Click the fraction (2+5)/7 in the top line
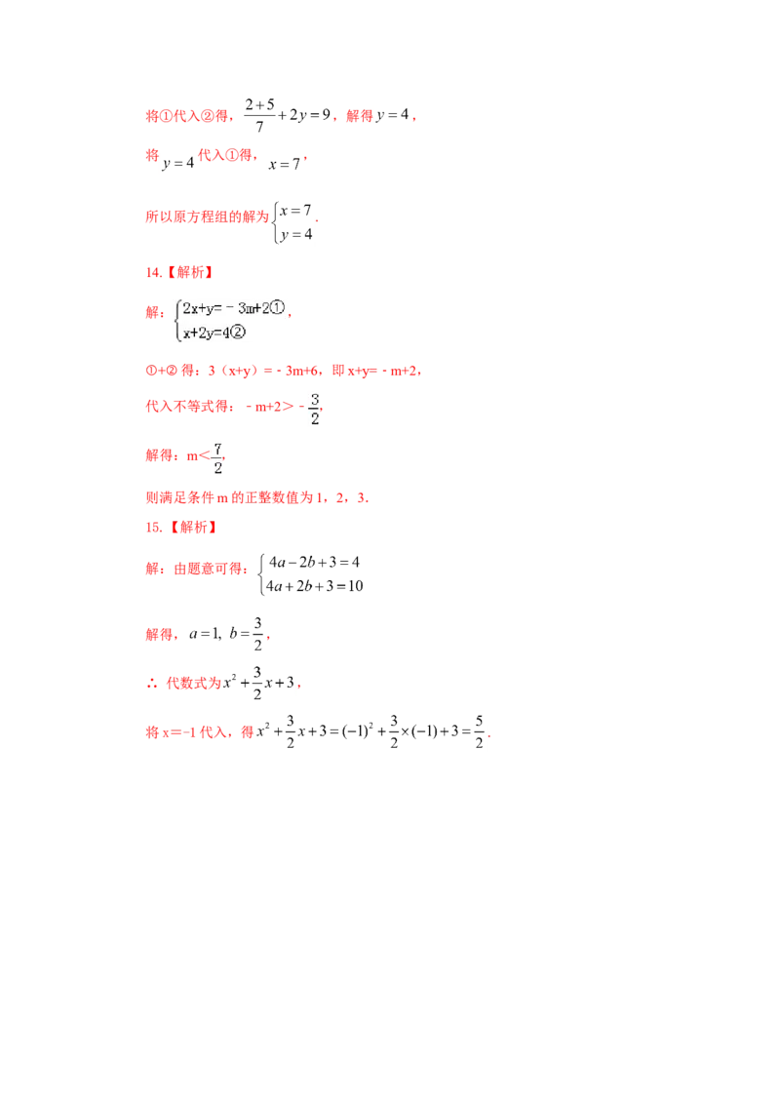coord(259,115)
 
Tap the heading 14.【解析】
coord(179,272)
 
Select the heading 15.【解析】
coord(181,527)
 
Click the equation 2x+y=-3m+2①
coord(234,307)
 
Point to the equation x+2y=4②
coord(214,333)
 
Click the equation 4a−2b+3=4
coord(314,562)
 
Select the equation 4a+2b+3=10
coord(315,586)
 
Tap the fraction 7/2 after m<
coord(217,457)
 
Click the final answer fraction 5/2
coord(479,732)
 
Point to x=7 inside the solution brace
coord(295,211)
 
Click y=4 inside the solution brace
coord(295,234)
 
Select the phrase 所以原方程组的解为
coord(208,217)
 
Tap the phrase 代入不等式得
coord(186,407)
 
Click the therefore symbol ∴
coord(152,683)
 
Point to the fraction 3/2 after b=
coord(257,634)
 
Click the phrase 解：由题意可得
coord(194,569)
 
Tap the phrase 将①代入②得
coord(186,115)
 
